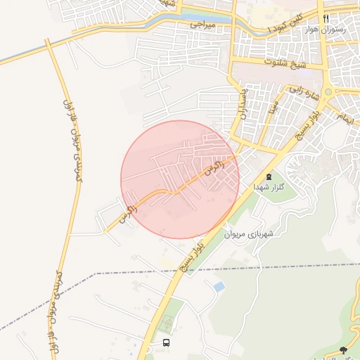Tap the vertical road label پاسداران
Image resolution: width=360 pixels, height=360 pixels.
point(243,103)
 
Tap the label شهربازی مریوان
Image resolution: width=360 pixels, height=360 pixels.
point(250,233)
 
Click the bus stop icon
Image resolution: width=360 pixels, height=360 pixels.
point(166,342)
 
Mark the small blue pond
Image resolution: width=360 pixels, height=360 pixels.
point(219,286)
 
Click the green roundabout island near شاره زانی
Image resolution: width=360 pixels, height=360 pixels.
point(329,92)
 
